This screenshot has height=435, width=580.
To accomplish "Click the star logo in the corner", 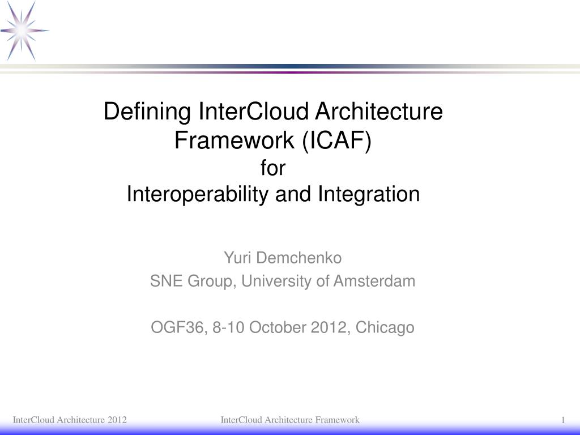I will coord(24,31).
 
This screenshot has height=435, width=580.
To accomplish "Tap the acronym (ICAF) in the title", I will coord(336,140).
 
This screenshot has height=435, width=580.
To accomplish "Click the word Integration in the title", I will coord(369,194).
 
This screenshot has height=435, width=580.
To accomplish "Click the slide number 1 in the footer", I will coord(564,420).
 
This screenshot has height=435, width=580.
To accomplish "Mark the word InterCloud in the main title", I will coord(254,112).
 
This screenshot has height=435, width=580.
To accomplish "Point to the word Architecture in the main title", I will coord(378,112).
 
